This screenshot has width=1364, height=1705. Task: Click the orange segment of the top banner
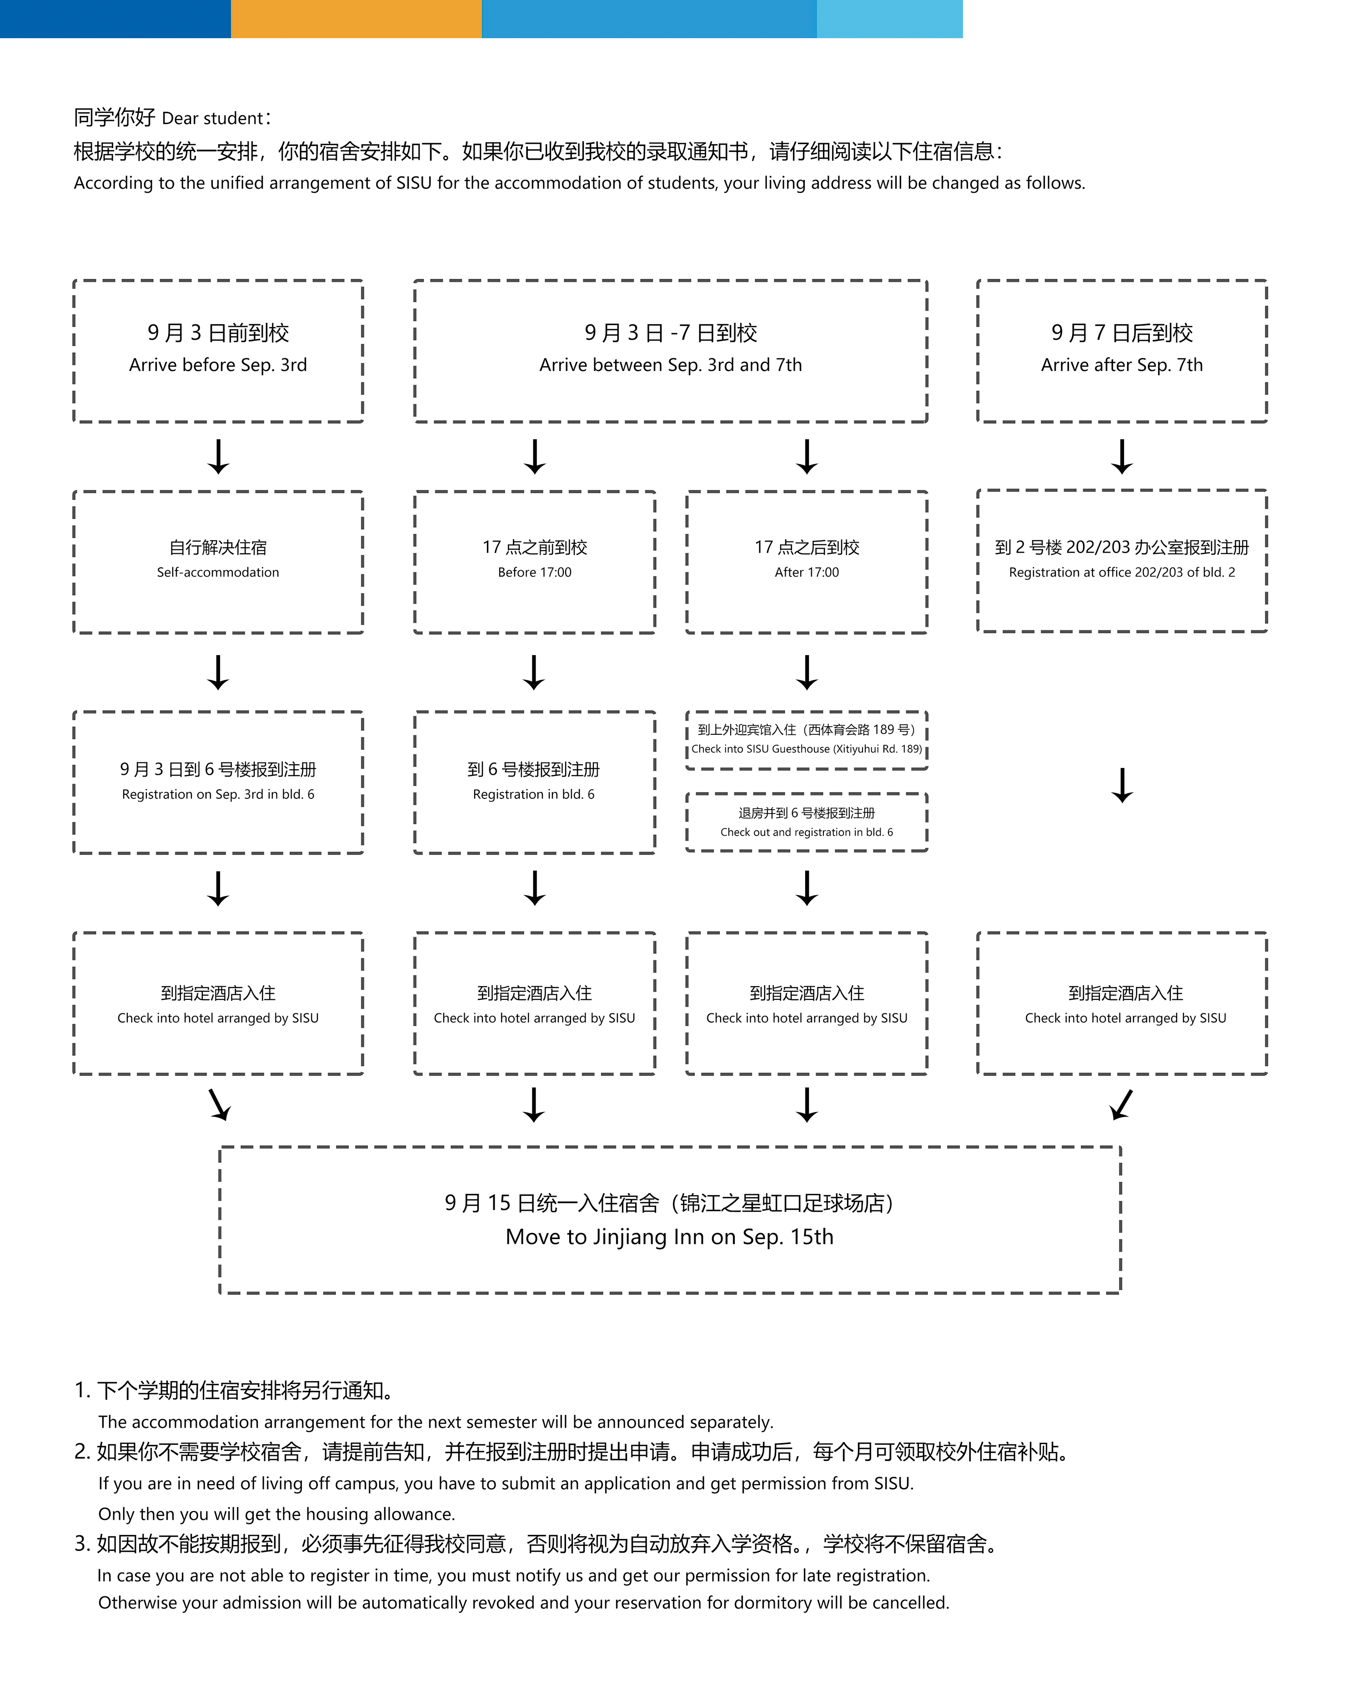tap(356, 19)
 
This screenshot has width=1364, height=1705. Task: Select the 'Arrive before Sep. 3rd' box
tap(218, 351)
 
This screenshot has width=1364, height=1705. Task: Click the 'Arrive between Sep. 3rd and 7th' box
tap(671, 351)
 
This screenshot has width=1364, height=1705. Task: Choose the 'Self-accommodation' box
tap(218, 562)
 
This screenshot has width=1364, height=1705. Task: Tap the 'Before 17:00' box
tap(535, 562)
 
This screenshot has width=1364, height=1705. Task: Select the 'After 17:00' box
tap(807, 562)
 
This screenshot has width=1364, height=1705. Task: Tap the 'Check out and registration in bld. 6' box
tap(807, 822)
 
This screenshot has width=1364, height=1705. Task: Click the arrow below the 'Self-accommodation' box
tap(218, 672)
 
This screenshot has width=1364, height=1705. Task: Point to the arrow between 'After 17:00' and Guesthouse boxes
tap(807, 672)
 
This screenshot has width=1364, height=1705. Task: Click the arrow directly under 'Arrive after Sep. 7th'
tap(1122, 456)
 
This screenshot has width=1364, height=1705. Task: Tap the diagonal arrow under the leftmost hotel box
tap(219, 1105)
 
